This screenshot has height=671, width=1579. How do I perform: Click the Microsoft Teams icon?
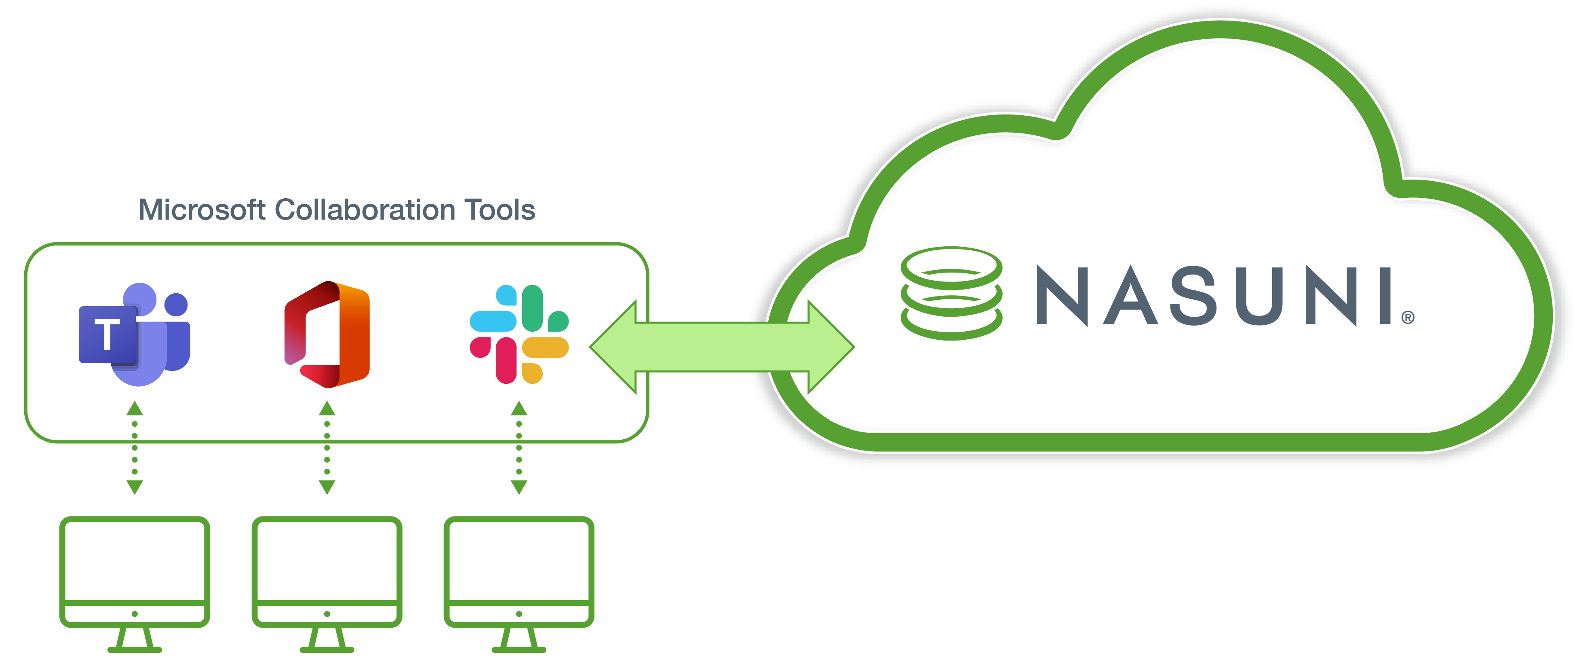tap(135, 334)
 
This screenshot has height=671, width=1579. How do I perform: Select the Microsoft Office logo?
tap(327, 334)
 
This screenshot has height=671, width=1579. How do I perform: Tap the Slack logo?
tap(519, 334)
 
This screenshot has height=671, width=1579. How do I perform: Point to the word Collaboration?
tap(365, 210)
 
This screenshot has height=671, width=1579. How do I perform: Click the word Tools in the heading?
tap(500, 210)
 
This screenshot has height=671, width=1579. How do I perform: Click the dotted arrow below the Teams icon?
tap(135, 448)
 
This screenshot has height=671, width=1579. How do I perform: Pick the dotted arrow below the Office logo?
tap(327, 448)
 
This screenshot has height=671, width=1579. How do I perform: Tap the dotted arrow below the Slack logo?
tap(519, 448)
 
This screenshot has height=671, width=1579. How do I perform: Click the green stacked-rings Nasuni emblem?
tap(951, 293)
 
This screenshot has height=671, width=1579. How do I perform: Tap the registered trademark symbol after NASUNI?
tap(1408, 318)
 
